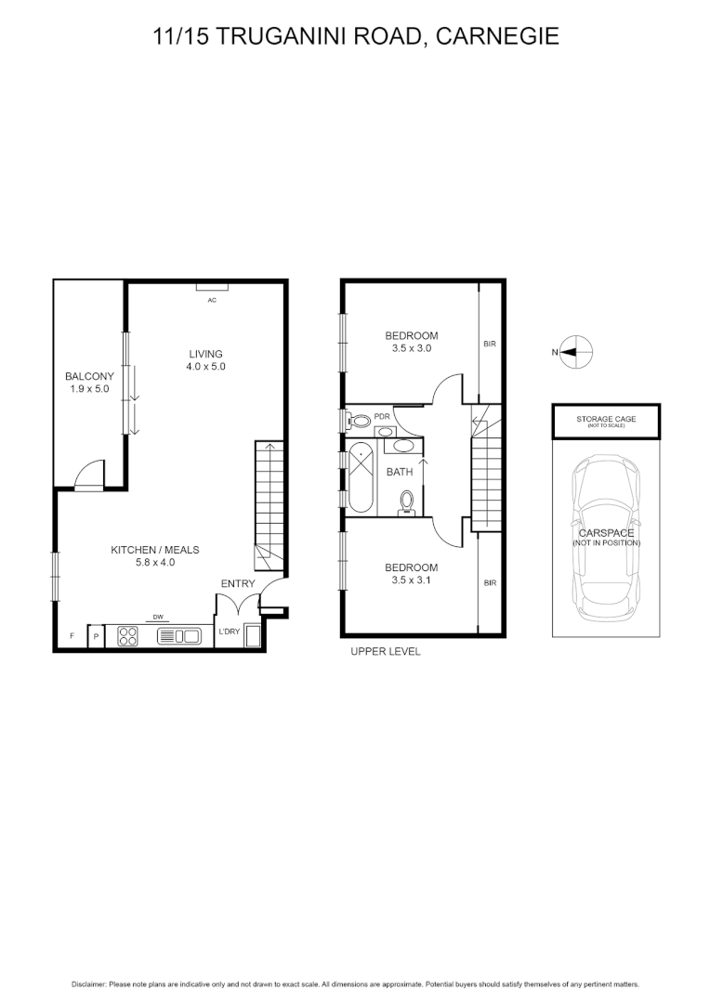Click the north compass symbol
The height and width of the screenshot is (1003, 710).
click(576, 352)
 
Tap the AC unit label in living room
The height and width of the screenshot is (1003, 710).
click(212, 300)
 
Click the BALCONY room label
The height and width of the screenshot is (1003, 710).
click(89, 376)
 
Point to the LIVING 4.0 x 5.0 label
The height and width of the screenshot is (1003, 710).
click(205, 359)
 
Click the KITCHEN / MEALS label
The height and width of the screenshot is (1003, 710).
click(154, 550)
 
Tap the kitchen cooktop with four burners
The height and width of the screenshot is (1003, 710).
click(128, 636)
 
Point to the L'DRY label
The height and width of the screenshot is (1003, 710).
click(229, 632)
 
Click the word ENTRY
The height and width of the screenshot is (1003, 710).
click(237, 583)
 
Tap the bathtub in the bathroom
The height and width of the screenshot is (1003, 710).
click(361, 477)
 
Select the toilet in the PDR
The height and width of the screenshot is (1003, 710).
click(360, 421)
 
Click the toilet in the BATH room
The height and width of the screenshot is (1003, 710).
click(406, 502)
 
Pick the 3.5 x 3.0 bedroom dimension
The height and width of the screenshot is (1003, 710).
click(412, 348)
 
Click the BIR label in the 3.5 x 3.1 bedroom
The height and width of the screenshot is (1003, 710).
click(490, 583)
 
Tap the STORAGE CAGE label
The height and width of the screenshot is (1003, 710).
click(606, 420)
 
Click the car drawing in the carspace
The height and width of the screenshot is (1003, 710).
click(606, 539)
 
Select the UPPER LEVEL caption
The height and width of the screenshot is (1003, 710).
click(385, 652)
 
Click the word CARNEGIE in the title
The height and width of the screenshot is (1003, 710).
click(497, 36)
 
